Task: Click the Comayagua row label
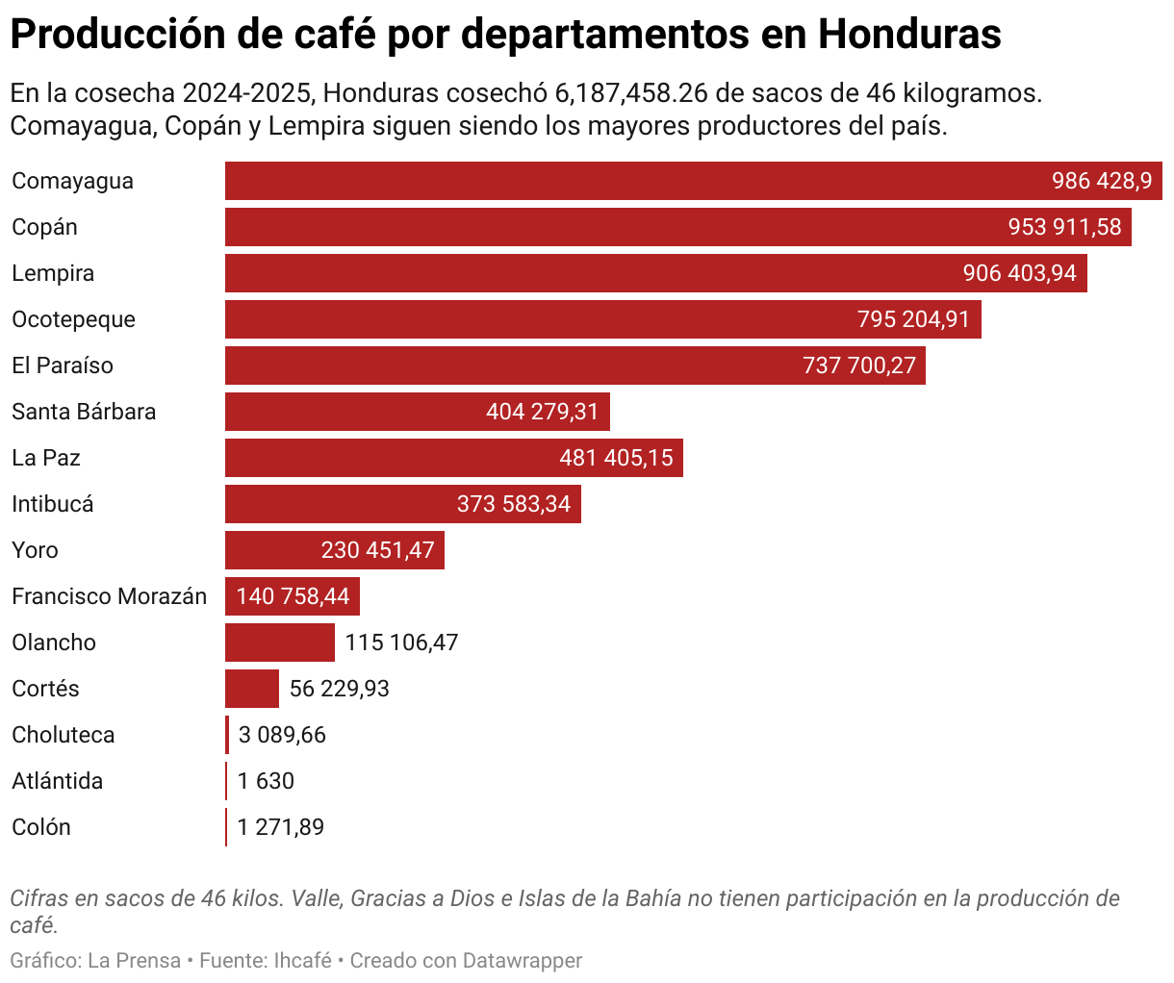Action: click(72, 182)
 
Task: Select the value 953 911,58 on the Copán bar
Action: click(1064, 228)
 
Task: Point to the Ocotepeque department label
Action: click(73, 320)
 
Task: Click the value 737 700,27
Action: click(858, 366)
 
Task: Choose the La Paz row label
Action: click(45, 459)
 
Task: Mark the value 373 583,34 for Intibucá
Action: click(513, 505)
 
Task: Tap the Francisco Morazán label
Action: click(109, 597)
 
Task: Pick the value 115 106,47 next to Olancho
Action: click(401, 643)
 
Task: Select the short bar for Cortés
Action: click(251, 690)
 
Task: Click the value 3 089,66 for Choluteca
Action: click(282, 736)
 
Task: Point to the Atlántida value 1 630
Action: click(266, 782)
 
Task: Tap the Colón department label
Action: click(40, 828)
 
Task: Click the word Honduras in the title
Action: click(909, 36)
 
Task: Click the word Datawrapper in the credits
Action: click(523, 961)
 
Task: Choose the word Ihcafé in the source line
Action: click(302, 961)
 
